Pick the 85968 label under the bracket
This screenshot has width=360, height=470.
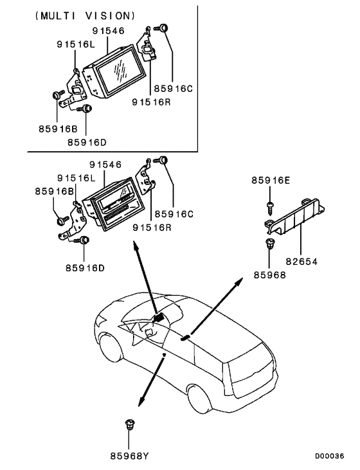coord(269,274)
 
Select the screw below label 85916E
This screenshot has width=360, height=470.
coord(269,206)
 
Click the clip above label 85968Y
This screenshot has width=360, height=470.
coord(130,425)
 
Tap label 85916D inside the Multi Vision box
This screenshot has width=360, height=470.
coord(87,141)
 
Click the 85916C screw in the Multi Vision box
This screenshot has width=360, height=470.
coord(164,28)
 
